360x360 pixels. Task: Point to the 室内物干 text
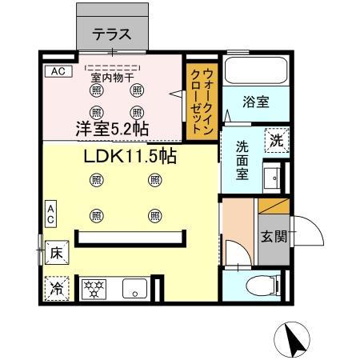coord(112,78)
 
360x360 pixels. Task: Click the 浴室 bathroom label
coord(255,102)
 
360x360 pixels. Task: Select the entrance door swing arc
coord(307,233)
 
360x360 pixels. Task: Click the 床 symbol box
coord(57,251)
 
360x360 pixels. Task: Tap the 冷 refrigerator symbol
coord(57,288)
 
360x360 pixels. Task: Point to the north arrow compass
coord(294,341)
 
